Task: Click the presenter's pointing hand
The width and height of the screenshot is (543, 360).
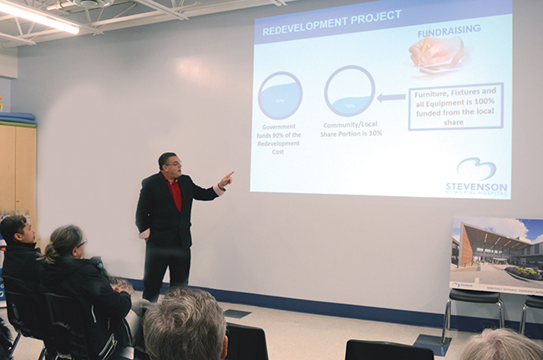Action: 226,179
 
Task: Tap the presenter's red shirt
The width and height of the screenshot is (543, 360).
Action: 175,195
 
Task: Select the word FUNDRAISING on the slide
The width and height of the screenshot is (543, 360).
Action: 449,29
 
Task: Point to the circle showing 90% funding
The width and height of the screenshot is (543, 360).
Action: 280,95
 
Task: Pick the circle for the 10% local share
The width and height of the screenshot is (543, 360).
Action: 349,91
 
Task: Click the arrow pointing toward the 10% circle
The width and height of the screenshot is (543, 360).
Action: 391,97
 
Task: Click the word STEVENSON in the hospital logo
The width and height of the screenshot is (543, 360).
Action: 476,185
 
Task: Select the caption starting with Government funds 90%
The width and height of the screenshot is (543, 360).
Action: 280,139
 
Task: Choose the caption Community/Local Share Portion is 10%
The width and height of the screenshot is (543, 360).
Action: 350,129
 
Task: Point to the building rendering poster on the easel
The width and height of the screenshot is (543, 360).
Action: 497,254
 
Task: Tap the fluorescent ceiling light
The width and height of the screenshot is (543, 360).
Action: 38,16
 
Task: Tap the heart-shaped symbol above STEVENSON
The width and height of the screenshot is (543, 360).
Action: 476,168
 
